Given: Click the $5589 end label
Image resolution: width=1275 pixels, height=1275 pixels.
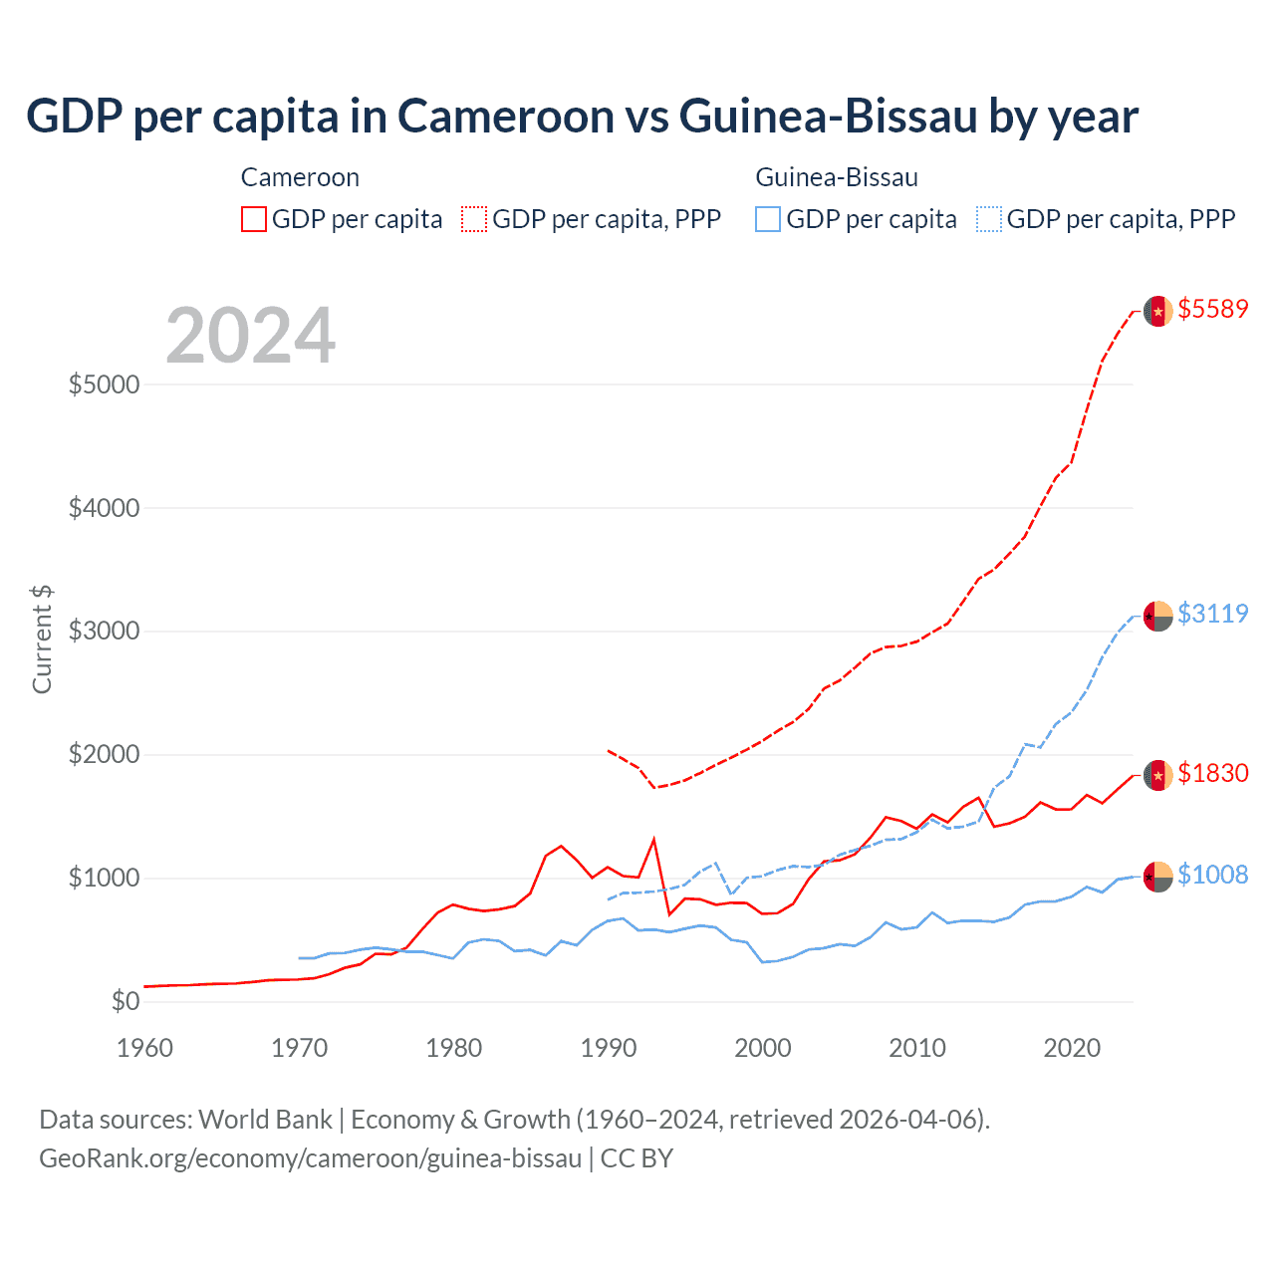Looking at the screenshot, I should pyautogui.click(x=1212, y=309).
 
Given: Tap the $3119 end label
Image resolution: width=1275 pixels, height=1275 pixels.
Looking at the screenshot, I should pyautogui.click(x=1212, y=614).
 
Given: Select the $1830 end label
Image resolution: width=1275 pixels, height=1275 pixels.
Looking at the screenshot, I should pyautogui.click(x=1212, y=773).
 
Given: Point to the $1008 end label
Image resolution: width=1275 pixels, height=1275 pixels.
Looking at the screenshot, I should pyautogui.click(x=1212, y=875).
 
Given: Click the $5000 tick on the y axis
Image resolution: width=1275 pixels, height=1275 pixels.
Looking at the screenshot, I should pyautogui.click(x=104, y=384).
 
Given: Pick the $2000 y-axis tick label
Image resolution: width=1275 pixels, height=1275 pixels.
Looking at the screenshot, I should pyautogui.click(x=104, y=754).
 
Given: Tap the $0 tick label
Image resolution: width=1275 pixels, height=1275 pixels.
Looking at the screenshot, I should pyautogui.click(x=125, y=1001).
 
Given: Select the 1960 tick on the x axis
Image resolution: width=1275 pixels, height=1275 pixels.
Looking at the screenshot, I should pyautogui.click(x=145, y=1048).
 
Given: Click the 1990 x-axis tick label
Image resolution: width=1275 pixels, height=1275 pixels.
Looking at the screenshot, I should pyautogui.click(x=609, y=1048).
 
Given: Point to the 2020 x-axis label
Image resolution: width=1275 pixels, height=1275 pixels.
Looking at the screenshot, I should pyautogui.click(x=1072, y=1048).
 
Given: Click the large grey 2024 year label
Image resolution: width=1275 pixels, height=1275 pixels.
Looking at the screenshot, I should pyautogui.click(x=250, y=336).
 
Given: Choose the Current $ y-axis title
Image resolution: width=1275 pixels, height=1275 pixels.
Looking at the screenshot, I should pyautogui.click(x=42, y=639).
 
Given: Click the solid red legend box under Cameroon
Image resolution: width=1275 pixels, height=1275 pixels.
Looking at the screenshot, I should pyautogui.click(x=254, y=219).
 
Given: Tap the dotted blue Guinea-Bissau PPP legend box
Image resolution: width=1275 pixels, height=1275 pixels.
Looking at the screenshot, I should pyautogui.click(x=989, y=219).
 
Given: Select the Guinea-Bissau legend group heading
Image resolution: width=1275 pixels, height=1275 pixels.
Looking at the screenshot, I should pyautogui.click(x=837, y=177).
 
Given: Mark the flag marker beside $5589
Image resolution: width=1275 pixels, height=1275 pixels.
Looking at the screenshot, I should pyautogui.click(x=1157, y=311).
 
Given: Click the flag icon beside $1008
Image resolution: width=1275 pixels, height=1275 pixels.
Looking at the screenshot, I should pyautogui.click(x=1157, y=877).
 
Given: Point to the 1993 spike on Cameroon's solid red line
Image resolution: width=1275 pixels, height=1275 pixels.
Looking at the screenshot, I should pyautogui.click(x=653, y=839).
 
